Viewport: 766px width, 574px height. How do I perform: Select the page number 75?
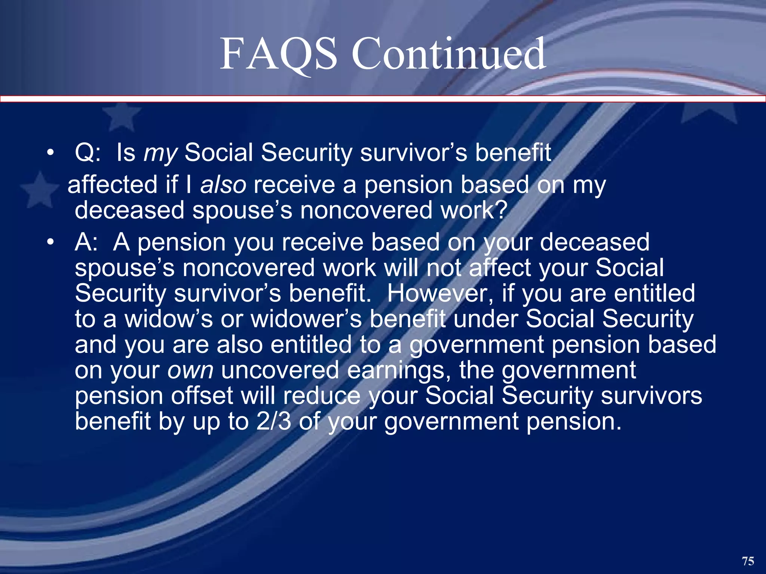coord(748,561)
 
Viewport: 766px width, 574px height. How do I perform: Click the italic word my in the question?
coord(160,153)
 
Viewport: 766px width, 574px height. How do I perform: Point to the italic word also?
coord(223,185)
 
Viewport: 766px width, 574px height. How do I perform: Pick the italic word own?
coord(190,370)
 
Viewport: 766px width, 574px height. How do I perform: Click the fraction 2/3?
coord(273,421)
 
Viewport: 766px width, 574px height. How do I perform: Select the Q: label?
coord(88,153)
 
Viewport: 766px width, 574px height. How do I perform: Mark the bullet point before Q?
coord(50,153)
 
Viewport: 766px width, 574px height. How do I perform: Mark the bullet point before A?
coord(50,242)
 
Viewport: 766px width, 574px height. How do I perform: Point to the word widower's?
coord(306,319)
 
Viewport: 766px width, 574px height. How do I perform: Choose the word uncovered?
coord(280,370)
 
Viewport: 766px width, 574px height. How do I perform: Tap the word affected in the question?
coord(112,185)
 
